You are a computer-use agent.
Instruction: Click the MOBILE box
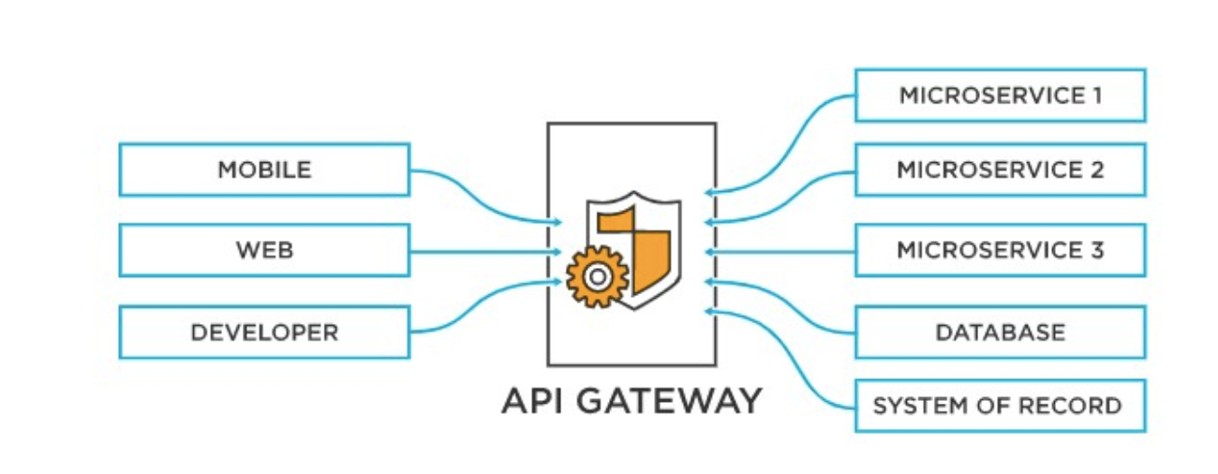[x=264, y=170]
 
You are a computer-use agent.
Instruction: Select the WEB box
[x=264, y=250]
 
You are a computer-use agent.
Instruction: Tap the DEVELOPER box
[x=264, y=332]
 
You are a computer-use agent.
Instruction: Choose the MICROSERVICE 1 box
[x=1000, y=95]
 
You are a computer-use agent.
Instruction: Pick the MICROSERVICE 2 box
[x=1000, y=170]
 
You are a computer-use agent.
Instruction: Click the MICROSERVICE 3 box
[x=1000, y=250]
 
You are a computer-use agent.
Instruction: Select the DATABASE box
[x=1000, y=332]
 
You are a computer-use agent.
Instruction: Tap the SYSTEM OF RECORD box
[x=1000, y=406]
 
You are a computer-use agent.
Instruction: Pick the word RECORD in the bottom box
[x=1081, y=406]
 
